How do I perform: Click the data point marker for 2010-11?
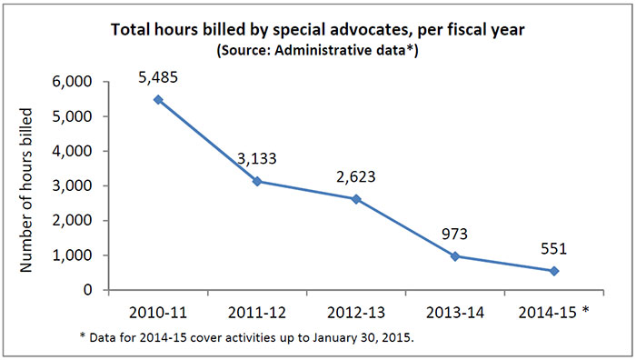160,99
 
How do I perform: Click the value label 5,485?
160,76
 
